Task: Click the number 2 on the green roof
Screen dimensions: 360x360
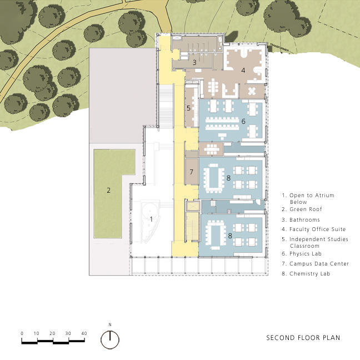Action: click(108, 190)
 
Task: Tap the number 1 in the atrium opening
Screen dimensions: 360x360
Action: click(151, 219)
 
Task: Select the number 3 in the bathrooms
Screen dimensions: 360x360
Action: click(194, 62)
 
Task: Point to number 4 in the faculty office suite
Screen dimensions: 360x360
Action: click(243, 70)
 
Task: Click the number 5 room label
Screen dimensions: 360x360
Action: click(188, 108)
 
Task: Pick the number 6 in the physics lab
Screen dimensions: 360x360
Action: click(243, 121)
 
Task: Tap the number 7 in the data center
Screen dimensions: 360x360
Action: click(191, 172)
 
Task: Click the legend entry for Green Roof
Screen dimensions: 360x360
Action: click(302, 209)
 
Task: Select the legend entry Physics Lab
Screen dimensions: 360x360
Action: click(302, 254)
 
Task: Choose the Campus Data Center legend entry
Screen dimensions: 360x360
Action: click(316, 264)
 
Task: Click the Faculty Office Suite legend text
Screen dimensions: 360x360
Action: click(314, 229)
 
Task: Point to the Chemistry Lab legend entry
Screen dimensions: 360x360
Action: click(306, 274)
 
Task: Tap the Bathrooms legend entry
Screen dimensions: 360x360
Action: click(301, 219)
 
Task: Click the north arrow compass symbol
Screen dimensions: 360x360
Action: click(110, 340)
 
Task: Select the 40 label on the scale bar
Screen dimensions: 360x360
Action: click(84, 333)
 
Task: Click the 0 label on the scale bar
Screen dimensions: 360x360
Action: click(22, 333)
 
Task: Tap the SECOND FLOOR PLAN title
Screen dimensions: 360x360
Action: click(303, 338)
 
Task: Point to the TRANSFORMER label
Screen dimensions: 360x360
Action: click(279, 48)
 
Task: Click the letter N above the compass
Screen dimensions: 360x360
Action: click(110, 324)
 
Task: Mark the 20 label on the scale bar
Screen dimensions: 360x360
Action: click(52, 333)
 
